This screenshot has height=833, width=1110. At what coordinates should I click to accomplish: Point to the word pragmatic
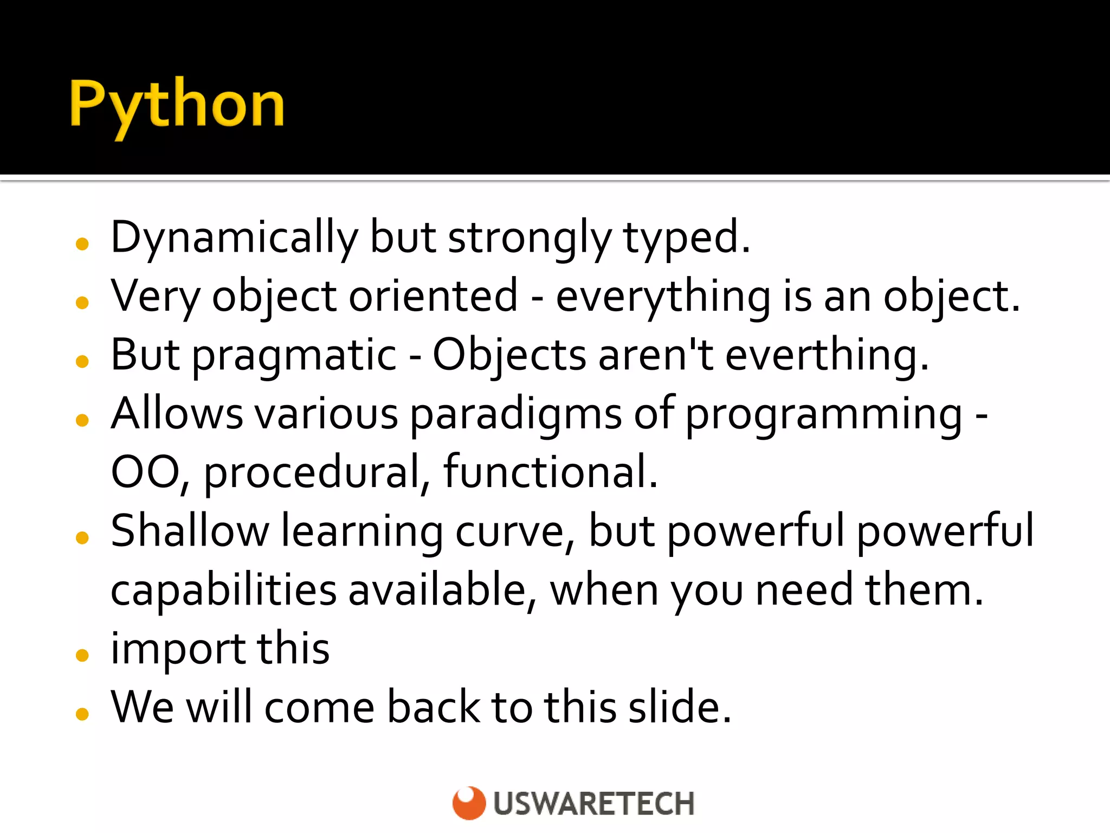[294, 356]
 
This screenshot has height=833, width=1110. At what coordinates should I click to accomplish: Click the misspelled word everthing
[826, 356]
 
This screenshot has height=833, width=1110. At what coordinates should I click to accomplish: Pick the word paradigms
[515, 414]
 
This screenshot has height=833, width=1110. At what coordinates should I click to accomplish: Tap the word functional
[550, 472]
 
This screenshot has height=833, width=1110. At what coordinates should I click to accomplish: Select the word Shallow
[190, 531]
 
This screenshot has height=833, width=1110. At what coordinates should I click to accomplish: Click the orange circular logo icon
[469, 803]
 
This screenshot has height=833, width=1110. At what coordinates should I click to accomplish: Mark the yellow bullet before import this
[82, 655]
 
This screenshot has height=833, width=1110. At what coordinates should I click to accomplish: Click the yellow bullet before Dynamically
[82, 244]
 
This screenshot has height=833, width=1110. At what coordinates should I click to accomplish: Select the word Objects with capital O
[509, 356]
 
